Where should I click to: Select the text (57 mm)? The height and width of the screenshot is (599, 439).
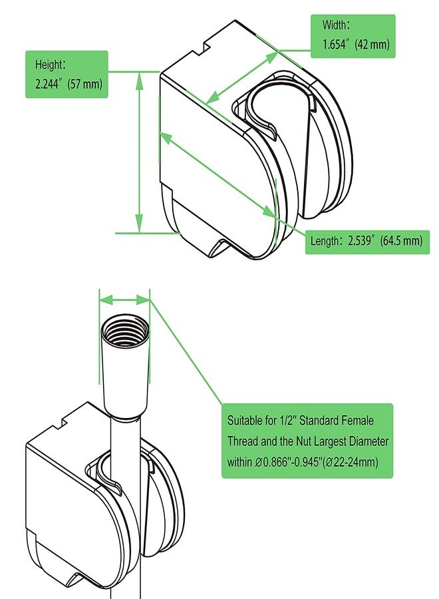[85, 84]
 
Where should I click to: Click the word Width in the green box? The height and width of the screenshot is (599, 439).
[335, 25]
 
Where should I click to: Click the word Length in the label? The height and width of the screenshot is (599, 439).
[325, 241]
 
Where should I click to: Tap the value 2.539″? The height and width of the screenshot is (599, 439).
[361, 241]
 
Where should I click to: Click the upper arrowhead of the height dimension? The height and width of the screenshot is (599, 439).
[140, 81]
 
